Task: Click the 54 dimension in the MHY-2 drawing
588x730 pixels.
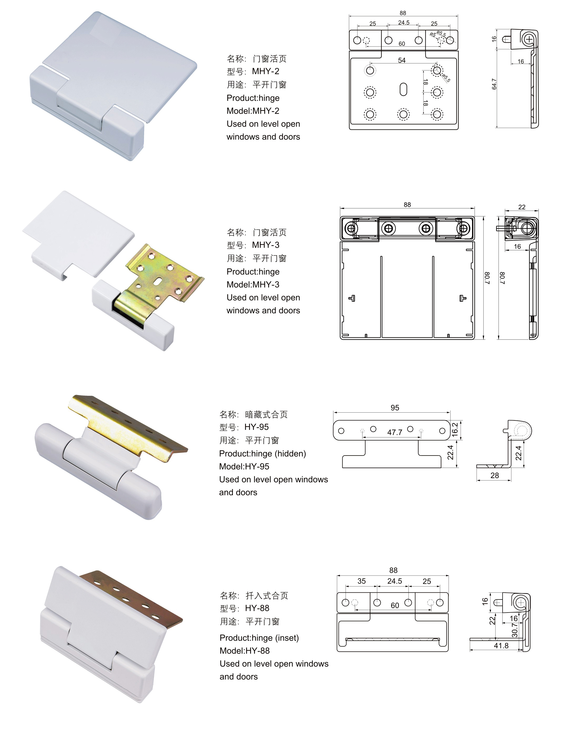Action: pyautogui.click(x=402, y=60)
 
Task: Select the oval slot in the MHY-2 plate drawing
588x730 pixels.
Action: pyautogui.click(x=403, y=89)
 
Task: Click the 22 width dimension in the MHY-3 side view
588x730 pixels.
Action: pyautogui.click(x=522, y=207)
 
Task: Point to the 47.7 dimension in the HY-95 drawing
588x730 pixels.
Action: pyautogui.click(x=395, y=432)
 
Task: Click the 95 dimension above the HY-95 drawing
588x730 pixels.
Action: pyautogui.click(x=395, y=408)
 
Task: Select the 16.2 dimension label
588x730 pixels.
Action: pyautogui.click(x=455, y=429)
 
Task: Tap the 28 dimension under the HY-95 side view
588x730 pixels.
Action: pyautogui.click(x=494, y=475)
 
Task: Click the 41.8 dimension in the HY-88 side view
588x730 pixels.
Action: pyautogui.click(x=501, y=646)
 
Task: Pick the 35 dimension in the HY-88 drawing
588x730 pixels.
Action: pyautogui.click(x=361, y=581)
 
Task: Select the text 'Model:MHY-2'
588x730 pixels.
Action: pyautogui.click(x=253, y=111)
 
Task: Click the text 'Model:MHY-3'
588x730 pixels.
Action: pyautogui.click(x=253, y=284)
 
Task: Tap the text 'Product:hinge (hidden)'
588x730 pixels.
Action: pyautogui.click(x=262, y=453)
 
